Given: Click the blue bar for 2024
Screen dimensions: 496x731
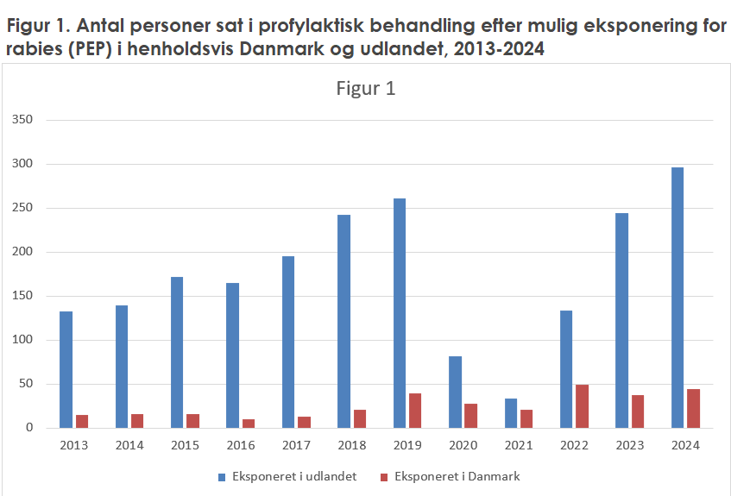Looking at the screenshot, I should click(677, 298).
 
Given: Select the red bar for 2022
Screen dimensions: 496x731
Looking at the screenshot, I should click(583, 406).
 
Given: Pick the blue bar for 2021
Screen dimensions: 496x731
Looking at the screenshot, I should click(510, 413).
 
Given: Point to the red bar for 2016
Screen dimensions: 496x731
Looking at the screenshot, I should click(249, 424).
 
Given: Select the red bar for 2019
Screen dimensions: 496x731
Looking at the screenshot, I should click(415, 411).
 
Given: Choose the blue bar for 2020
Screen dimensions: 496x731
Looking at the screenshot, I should click(455, 392).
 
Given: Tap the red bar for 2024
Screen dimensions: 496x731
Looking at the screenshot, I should click(693, 408).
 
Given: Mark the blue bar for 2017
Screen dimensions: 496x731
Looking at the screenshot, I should click(287, 342).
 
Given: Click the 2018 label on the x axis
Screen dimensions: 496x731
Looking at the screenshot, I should click(352, 445).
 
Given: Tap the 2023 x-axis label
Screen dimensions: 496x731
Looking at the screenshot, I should click(630, 445).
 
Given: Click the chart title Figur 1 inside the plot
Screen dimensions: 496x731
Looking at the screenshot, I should click(365, 88).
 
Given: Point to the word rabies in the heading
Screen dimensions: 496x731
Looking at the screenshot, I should click(34, 49).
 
